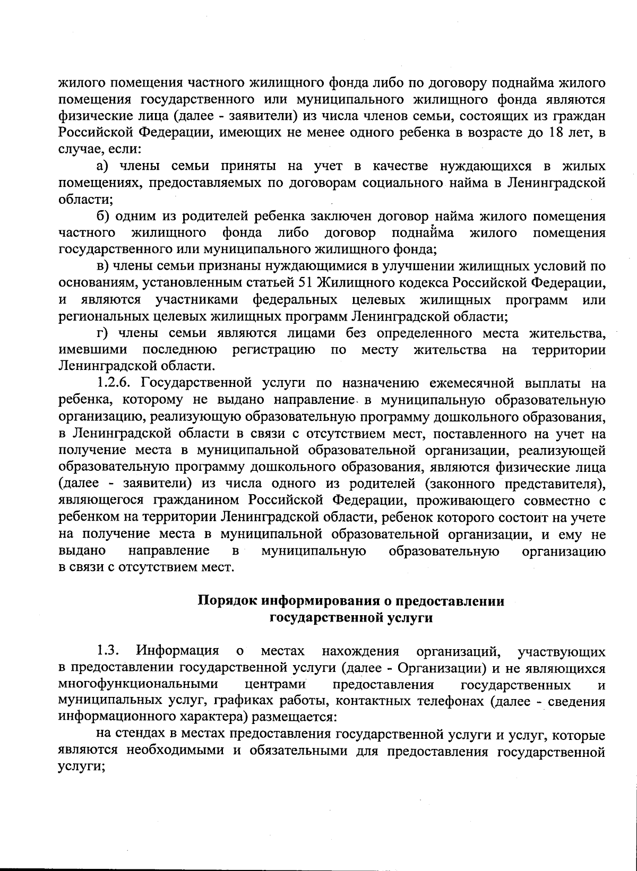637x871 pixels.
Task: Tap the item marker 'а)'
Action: (x=103, y=167)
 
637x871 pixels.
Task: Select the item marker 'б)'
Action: (x=104, y=217)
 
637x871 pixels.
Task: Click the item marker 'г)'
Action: (x=102, y=333)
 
